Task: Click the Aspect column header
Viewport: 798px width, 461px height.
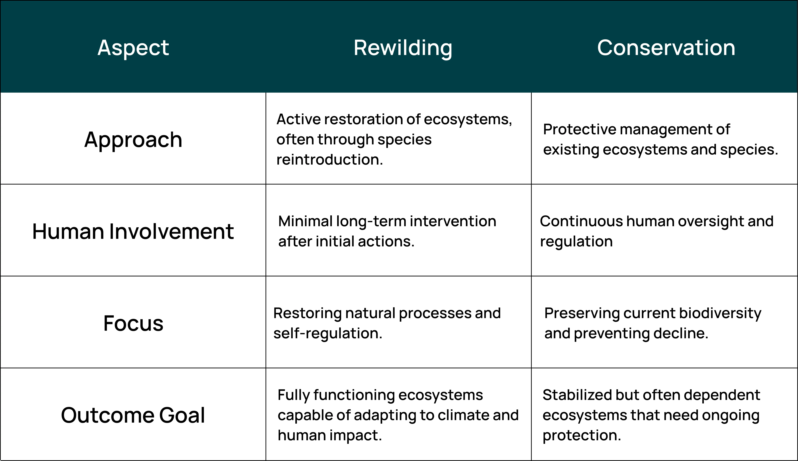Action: (x=133, y=48)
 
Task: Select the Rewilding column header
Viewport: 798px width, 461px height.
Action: (x=403, y=48)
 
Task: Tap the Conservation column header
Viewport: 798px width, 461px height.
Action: (x=666, y=48)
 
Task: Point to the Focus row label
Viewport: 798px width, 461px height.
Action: (x=133, y=323)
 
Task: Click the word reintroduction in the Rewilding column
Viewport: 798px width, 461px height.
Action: (x=329, y=159)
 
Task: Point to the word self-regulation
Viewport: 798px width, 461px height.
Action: (x=328, y=333)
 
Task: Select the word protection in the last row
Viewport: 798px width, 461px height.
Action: (x=581, y=435)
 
